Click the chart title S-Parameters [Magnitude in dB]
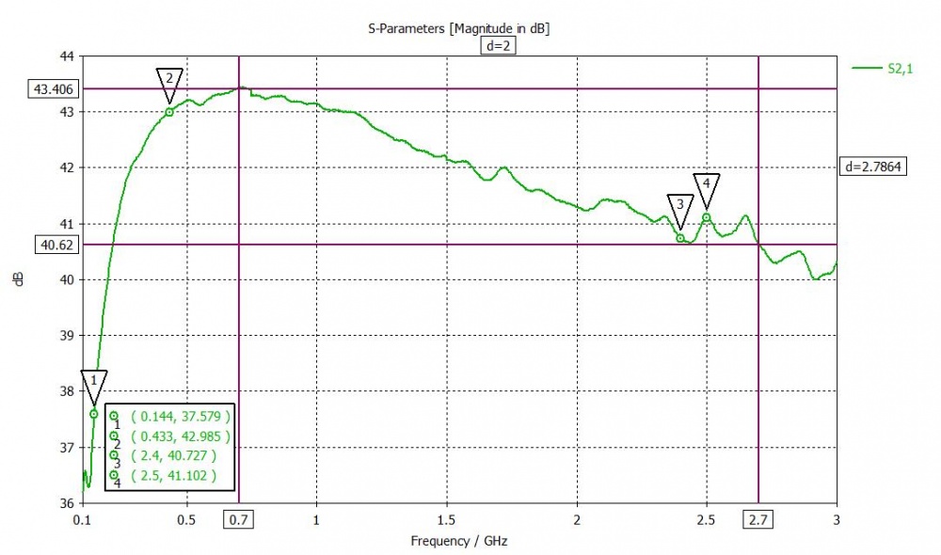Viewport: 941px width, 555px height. [458, 29]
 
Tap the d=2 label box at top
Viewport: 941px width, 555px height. [499, 46]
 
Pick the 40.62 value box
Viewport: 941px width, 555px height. [56, 245]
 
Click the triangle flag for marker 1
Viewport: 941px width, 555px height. [94, 383]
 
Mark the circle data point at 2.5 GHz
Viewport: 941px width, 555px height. [706, 218]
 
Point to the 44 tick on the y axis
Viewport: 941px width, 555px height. [67, 56]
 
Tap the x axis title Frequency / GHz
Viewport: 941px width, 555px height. [458, 541]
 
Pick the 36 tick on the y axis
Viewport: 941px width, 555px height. [67, 503]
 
